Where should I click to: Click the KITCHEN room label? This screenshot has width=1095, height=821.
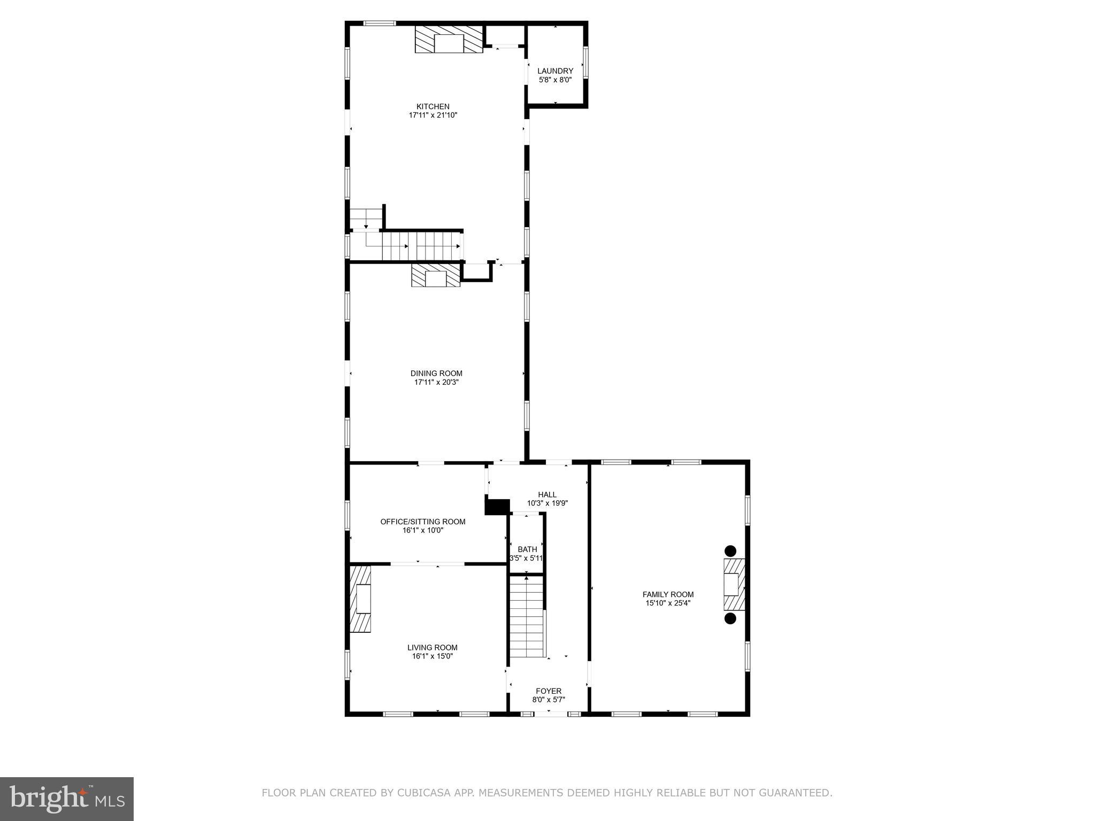(x=433, y=106)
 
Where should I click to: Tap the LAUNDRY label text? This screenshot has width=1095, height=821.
(x=555, y=71)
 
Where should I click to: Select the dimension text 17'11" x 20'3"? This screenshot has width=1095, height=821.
(x=436, y=382)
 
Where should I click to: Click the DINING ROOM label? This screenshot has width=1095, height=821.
(x=436, y=373)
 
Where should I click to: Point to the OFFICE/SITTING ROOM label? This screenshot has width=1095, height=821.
(x=422, y=521)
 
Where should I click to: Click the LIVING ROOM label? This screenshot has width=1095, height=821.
(x=432, y=647)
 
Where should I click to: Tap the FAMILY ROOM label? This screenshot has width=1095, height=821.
(x=668, y=594)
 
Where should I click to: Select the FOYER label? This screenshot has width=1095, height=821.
(x=549, y=691)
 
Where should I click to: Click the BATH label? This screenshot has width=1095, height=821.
(x=527, y=549)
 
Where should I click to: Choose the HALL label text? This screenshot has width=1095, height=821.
(x=547, y=494)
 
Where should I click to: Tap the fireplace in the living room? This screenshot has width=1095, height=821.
(x=361, y=599)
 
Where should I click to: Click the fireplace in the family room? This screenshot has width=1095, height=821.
(x=733, y=584)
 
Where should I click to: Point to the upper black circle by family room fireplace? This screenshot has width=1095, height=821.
(x=730, y=551)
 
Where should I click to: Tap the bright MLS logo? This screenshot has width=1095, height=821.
(x=67, y=799)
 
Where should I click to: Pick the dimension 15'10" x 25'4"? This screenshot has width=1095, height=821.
(x=668, y=603)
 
